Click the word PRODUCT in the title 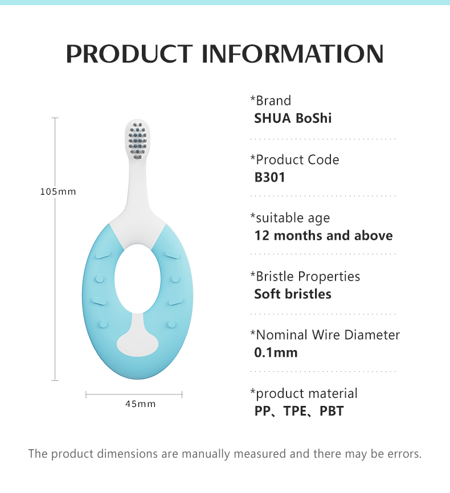(129, 54)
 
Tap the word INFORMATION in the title (293, 54)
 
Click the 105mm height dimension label (58, 191)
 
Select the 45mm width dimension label (140, 404)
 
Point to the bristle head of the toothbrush (137, 141)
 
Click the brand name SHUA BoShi (293, 118)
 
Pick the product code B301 (269, 177)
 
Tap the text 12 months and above (324, 236)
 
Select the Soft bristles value (293, 294)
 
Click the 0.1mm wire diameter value (276, 352)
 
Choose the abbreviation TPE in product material (294, 411)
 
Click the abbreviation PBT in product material (332, 411)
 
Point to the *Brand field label (271, 101)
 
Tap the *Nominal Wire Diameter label (325, 335)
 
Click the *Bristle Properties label (305, 276)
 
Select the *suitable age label (290, 218)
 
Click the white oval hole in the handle (137, 279)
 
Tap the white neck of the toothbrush (137, 188)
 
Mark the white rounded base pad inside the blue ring (137, 343)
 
